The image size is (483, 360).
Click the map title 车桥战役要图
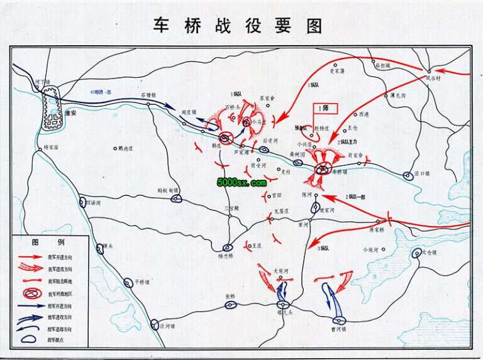238,26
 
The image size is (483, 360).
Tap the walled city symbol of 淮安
51,109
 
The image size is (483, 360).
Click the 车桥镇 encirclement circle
323,168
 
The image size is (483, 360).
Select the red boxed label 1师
326,108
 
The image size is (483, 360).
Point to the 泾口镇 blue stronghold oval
408,176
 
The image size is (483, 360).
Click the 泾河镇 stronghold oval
155,325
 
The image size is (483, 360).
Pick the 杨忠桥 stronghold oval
228,248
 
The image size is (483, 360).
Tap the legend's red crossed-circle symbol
30,293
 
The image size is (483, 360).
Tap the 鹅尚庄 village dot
115,149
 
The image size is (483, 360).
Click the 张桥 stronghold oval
231,305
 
